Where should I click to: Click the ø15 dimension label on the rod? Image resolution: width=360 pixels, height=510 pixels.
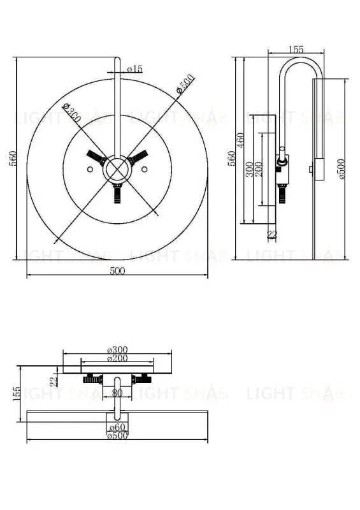[x=135, y=69]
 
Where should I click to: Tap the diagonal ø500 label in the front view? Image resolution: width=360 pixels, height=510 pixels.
[x=185, y=85]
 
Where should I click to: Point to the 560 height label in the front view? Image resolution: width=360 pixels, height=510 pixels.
[x=13, y=159]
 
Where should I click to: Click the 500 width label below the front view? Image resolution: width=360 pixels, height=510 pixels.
[x=117, y=272]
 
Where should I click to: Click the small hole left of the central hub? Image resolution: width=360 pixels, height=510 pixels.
[x=90, y=169]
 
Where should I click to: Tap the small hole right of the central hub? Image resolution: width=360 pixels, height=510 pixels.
[x=145, y=169]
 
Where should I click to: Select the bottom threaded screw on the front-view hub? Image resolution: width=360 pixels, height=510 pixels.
[x=117, y=194]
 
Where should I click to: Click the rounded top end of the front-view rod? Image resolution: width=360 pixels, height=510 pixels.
[x=117, y=60]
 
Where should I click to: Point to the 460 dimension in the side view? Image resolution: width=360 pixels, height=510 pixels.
[x=241, y=140]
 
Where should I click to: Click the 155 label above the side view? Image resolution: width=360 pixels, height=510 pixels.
[x=296, y=49]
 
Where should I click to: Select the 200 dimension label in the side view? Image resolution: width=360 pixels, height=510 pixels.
[x=259, y=170]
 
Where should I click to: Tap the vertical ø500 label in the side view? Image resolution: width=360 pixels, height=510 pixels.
[x=342, y=167]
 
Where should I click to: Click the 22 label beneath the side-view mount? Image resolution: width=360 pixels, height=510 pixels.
[x=272, y=235]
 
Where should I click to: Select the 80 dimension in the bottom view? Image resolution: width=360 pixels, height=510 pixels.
[x=117, y=393]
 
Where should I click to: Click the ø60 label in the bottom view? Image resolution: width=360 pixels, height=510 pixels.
[x=117, y=427]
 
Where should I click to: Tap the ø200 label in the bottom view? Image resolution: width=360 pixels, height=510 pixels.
[x=118, y=358]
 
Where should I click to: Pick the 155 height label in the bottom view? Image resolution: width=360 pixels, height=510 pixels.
[x=17, y=395]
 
